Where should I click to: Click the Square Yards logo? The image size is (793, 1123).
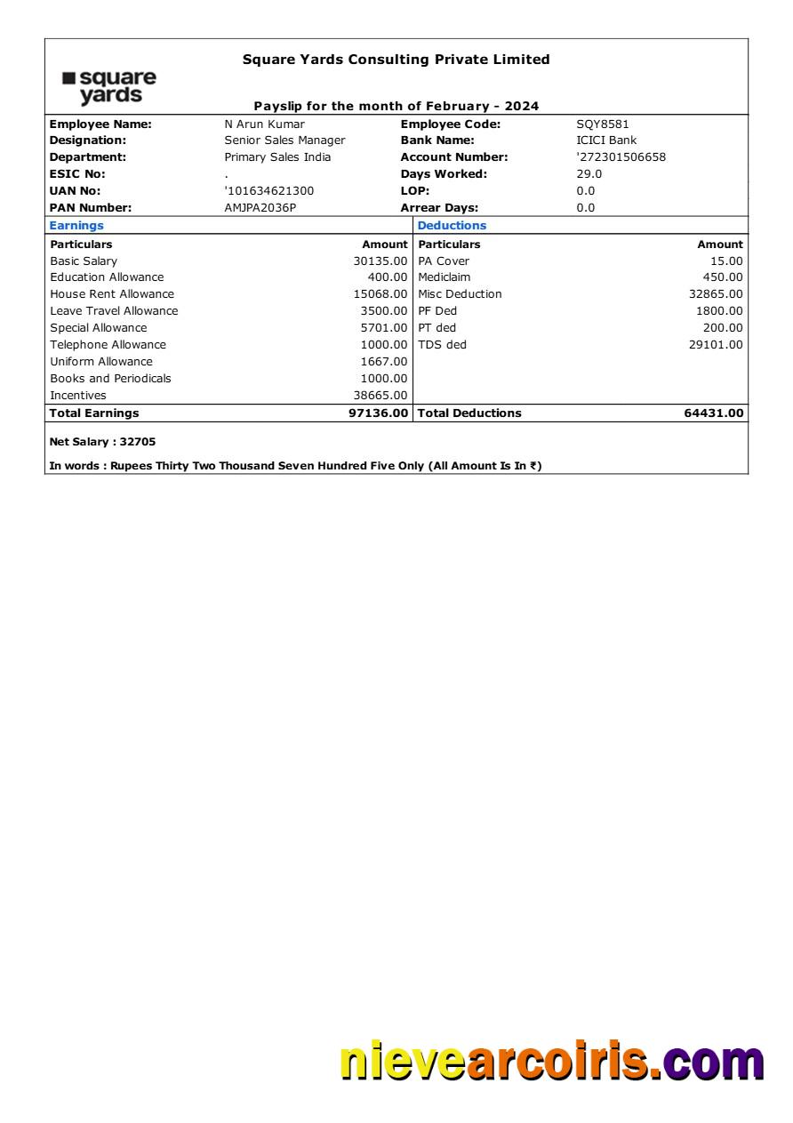109,87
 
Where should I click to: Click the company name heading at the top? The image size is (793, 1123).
396,60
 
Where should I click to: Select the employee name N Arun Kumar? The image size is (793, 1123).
264,124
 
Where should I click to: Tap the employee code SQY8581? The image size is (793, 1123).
602,124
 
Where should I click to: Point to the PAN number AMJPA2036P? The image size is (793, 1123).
260,208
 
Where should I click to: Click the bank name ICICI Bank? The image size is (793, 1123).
606,140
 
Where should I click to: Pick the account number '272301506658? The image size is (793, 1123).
621,157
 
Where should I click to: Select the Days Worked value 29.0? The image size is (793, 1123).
589,174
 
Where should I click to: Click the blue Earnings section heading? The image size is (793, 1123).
76,226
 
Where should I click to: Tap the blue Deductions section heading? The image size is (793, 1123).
452,226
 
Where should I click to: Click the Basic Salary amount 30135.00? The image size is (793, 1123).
380,261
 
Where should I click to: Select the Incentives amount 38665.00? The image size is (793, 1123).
380,396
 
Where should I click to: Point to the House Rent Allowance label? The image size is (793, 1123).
112,294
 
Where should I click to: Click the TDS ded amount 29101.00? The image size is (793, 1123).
715,345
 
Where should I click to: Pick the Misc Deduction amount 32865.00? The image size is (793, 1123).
715,294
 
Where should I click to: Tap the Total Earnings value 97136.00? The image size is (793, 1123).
378,413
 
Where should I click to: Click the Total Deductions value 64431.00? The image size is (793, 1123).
713,413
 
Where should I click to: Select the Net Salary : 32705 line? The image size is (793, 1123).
102,442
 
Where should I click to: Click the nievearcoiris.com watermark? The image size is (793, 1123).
551,1063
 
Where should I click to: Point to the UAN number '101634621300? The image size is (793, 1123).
268,191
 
